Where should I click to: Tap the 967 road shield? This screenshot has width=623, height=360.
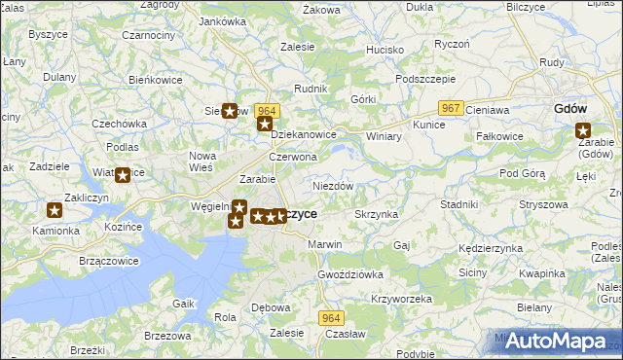click(x=450, y=107)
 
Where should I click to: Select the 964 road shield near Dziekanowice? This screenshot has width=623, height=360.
click(x=268, y=111)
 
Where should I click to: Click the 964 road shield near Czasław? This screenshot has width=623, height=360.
click(x=333, y=318)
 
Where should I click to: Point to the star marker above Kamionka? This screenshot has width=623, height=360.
click(x=55, y=210)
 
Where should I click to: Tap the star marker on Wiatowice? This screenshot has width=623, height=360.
click(x=123, y=175)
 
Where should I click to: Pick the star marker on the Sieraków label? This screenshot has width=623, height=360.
click(x=230, y=111)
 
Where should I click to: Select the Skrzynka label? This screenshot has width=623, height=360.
click(x=375, y=213)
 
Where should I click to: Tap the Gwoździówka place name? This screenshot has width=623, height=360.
click(x=350, y=274)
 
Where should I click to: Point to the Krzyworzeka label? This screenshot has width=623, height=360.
click(x=401, y=299)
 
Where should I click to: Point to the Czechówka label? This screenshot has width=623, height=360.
click(x=119, y=124)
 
